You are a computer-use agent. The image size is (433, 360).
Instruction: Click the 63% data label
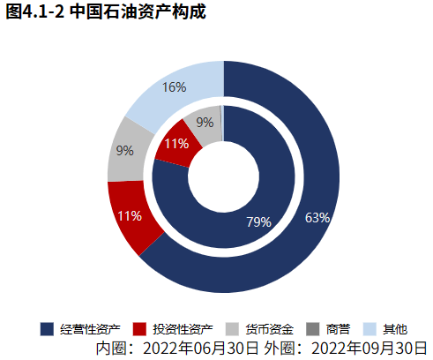317,217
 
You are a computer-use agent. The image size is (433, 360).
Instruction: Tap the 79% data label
258,221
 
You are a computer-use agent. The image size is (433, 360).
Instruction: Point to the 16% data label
174,86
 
